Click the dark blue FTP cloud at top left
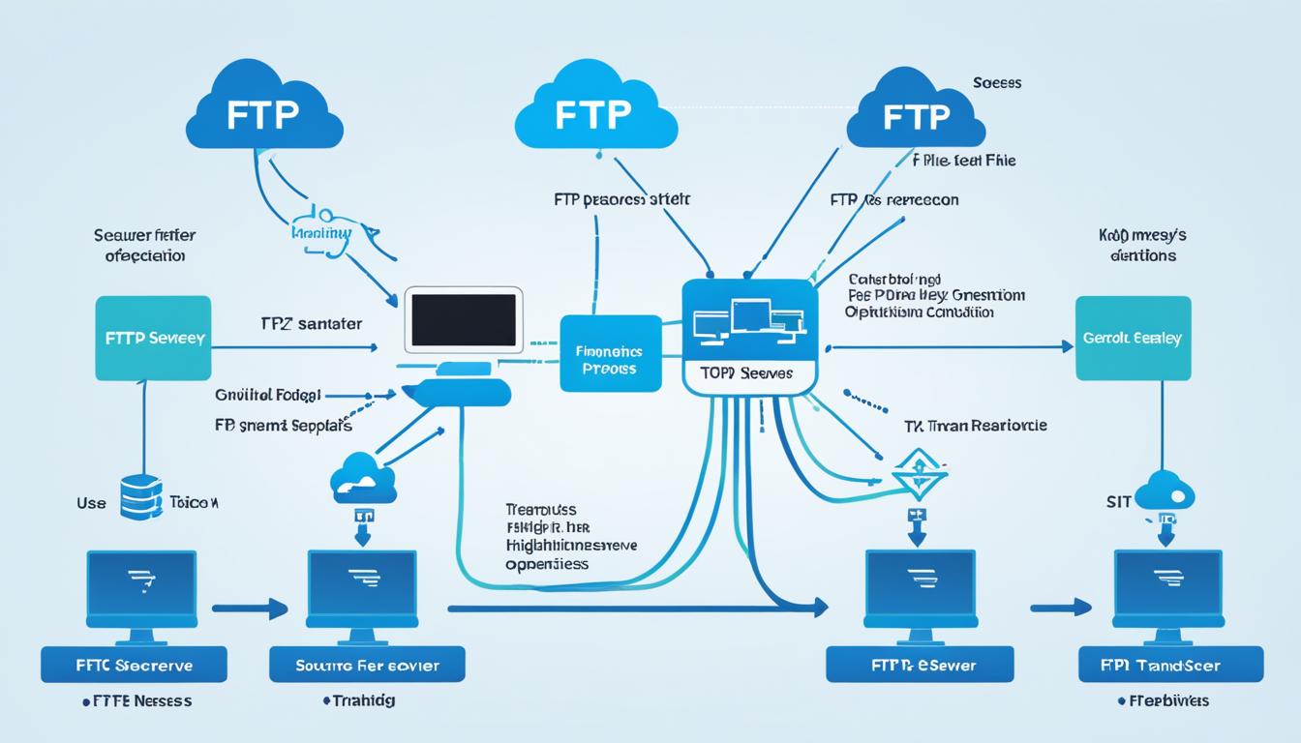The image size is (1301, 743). click(264, 107)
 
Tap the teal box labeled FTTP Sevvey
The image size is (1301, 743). click(153, 339)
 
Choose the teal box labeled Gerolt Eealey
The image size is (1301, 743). click(1133, 339)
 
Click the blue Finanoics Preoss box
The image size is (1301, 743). click(610, 353)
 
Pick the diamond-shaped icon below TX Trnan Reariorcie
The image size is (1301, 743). click(918, 474)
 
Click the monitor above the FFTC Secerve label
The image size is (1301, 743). click(141, 591)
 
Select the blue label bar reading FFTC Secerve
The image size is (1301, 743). click(134, 665)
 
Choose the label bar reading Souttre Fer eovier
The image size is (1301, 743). click(366, 665)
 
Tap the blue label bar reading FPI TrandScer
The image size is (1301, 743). click(1170, 665)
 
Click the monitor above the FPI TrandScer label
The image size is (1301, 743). click(1168, 591)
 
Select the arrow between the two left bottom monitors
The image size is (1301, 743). click(250, 609)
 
